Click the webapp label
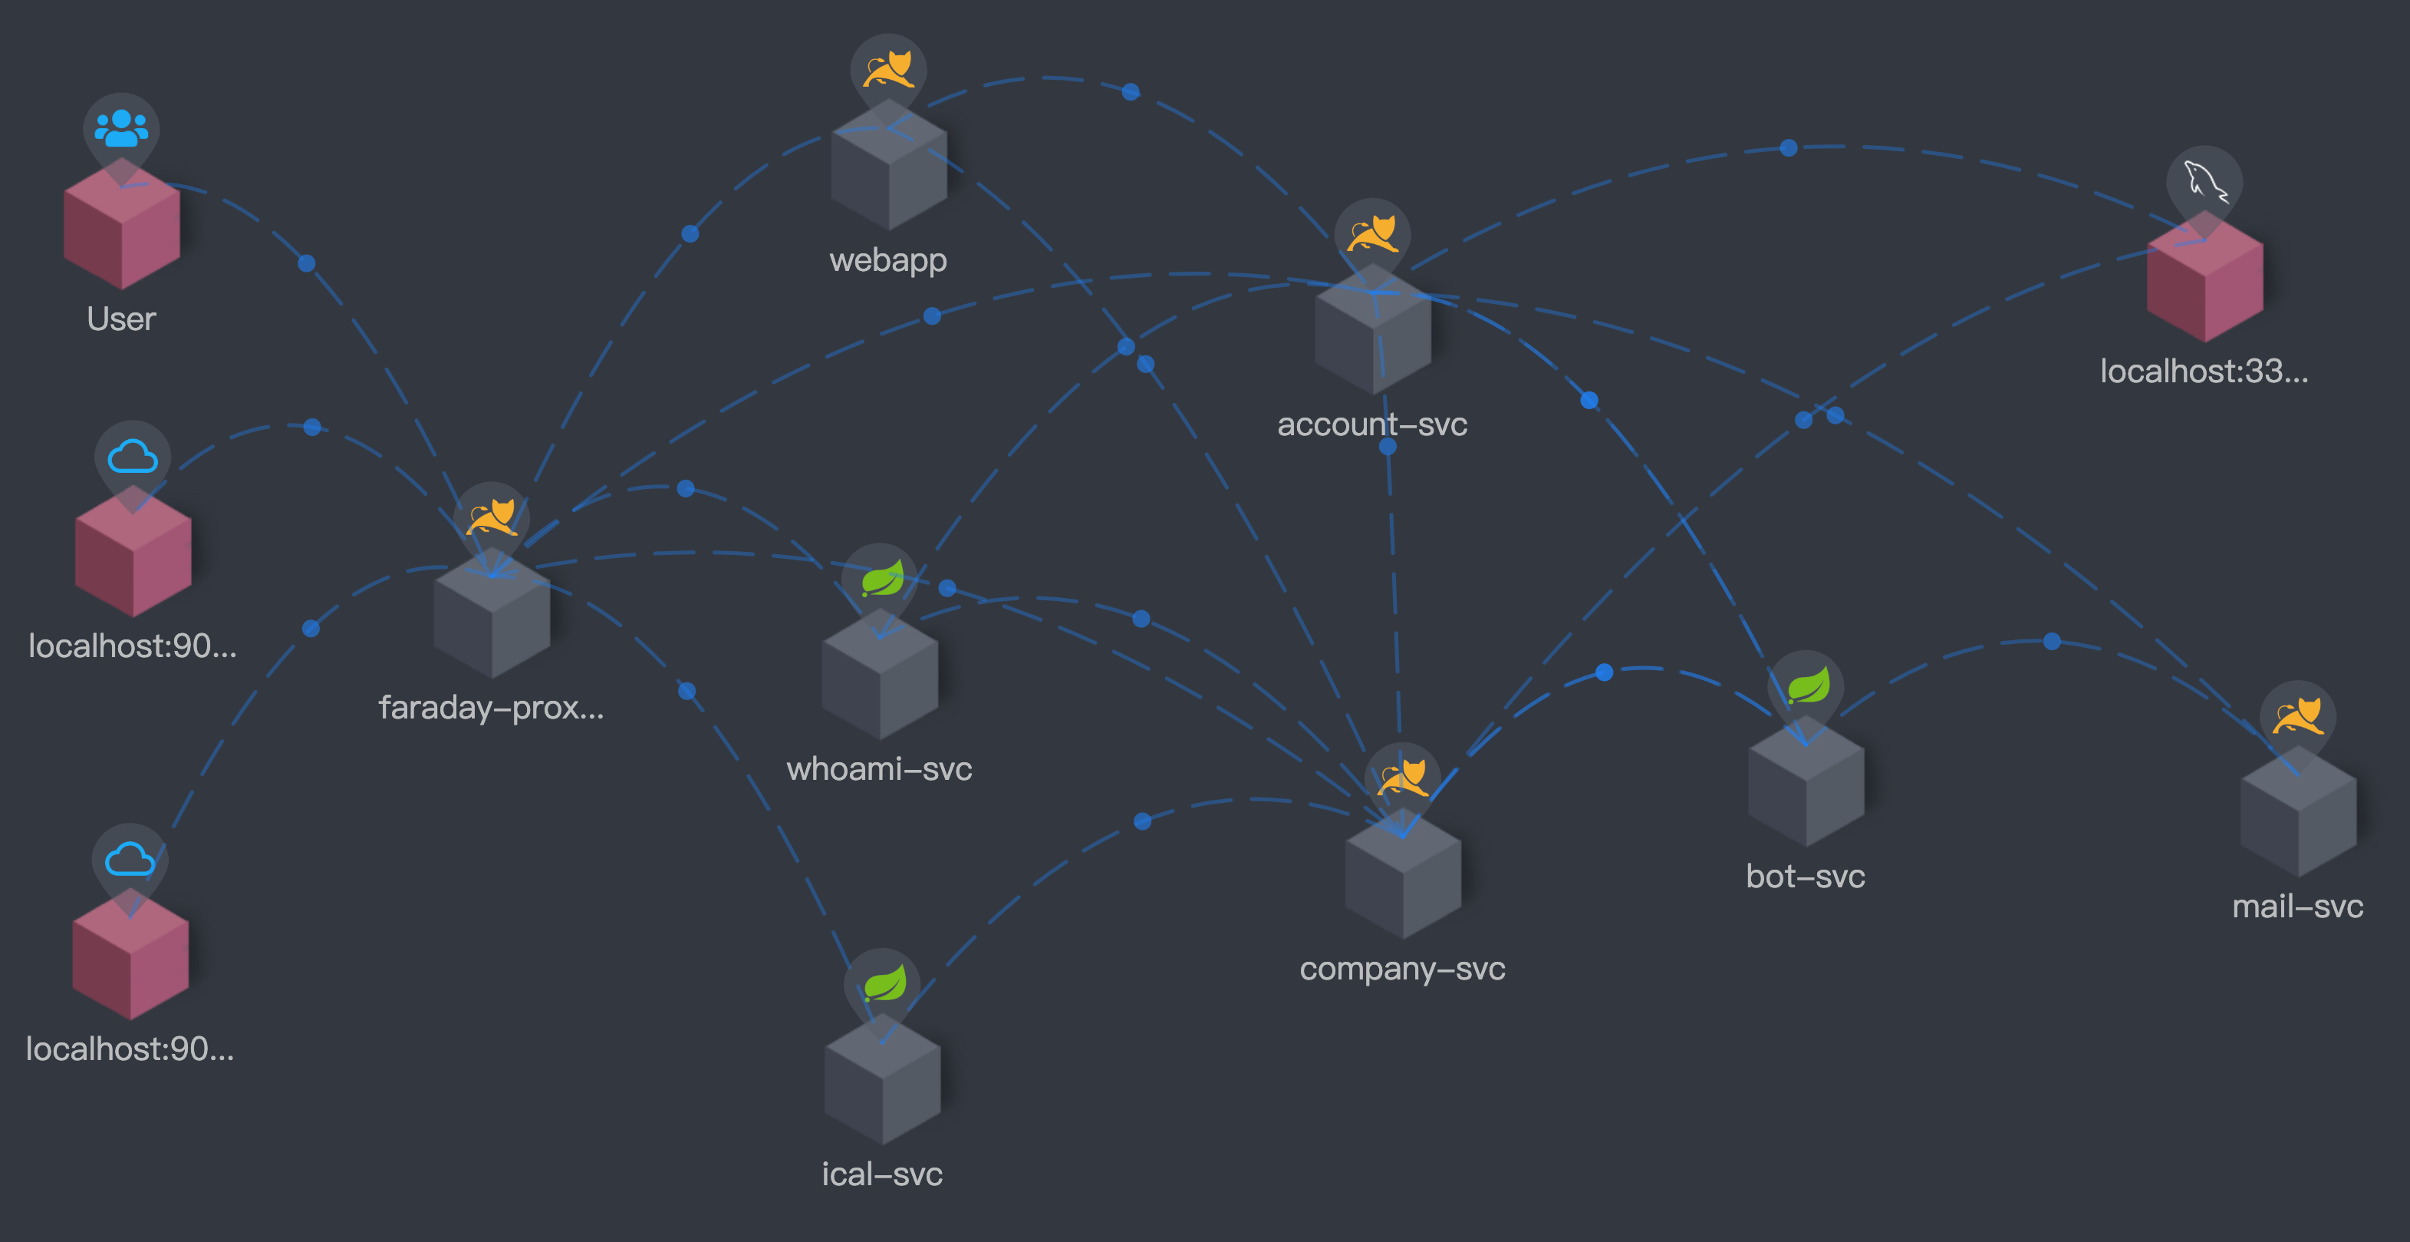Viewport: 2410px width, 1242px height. click(x=888, y=259)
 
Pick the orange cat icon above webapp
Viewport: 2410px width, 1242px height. click(x=888, y=69)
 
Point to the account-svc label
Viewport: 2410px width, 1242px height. click(x=1371, y=424)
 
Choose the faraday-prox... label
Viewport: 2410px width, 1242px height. click(x=491, y=708)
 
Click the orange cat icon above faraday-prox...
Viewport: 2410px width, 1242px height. click(x=491, y=517)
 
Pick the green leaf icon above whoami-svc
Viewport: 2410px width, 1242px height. click(x=881, y=580)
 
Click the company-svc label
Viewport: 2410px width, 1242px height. click(x=1401, y=968)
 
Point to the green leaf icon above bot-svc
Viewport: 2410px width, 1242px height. click(x=1806, y=686)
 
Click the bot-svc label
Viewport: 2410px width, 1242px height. click(x=1805, y=876)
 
